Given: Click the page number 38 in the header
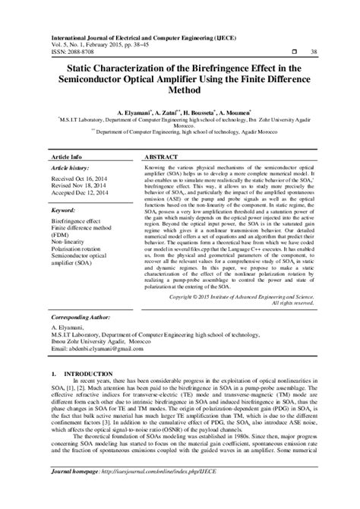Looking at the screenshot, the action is point(314,52).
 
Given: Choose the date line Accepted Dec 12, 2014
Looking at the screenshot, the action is point(81,193).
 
